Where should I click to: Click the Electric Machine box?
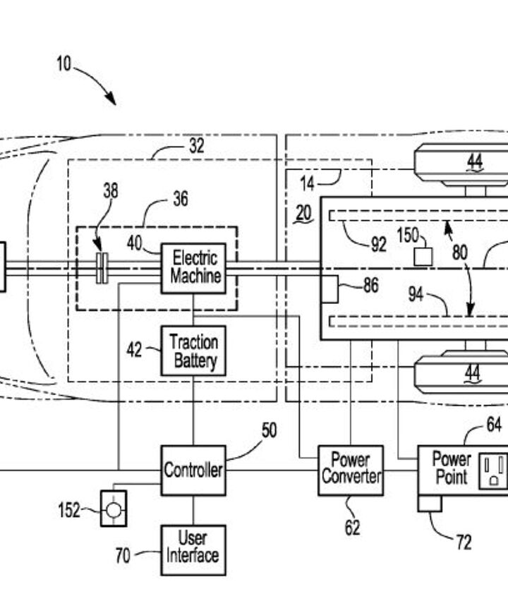[194, 267]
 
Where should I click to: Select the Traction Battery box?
[193, 351]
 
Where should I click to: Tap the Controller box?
[193, 470]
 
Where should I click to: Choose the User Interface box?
[193, 547]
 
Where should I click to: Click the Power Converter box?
[350, 470]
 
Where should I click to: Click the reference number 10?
[64, 64]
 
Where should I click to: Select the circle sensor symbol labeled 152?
[114, 509]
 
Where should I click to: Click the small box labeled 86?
[329, 289]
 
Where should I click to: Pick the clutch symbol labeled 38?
[102, 269]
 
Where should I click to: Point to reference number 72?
[463, 542]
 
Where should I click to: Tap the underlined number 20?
[303, 213]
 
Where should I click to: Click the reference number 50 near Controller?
[269, 430]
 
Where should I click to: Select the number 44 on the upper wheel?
[473, 163]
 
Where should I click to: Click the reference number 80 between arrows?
[460, 252]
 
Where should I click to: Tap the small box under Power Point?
[430, 503]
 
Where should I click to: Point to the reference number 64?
[493, 425]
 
